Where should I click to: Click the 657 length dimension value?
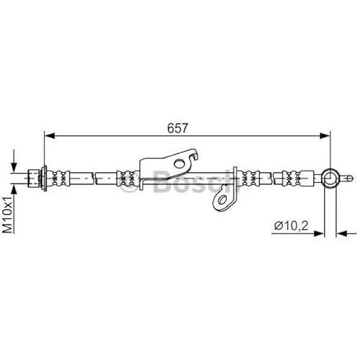point(177,128)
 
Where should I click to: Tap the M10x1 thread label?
point(8,214)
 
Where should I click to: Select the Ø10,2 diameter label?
point(291,225)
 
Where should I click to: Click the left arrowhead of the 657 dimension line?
point(50,135)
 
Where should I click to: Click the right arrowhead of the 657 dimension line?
point(325,135)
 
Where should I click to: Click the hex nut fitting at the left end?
point(34,179)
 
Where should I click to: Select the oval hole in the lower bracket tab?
point(222,200)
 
